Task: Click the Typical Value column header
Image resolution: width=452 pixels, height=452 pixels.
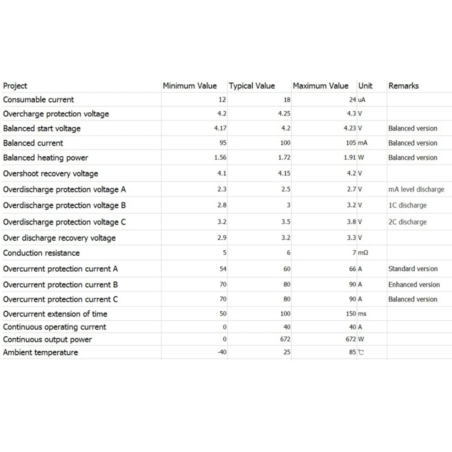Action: click(252, 86)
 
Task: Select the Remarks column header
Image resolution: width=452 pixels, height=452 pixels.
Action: click(403, 86)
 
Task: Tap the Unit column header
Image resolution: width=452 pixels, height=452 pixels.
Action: click(365, 86)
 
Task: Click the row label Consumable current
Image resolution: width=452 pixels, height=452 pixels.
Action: click(38, 100)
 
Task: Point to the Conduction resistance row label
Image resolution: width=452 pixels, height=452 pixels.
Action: click(41, 253)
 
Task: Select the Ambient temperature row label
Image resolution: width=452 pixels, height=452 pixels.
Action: click(41, 353)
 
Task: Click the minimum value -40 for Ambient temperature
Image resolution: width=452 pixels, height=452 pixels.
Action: click(222, 352)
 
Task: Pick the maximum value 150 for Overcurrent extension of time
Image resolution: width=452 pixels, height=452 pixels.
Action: click(351, 314)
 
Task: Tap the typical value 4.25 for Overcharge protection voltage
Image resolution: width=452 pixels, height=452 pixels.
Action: click(284, 114)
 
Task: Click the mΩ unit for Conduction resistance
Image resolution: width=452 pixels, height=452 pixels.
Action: click(363, 253)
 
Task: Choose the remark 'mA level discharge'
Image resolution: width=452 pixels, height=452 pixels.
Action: click(416, 189)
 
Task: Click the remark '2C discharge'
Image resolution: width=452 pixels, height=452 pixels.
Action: click(408, 222)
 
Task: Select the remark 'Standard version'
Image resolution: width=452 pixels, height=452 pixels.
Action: click(413, 269)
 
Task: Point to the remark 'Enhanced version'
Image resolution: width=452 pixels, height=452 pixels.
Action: click(414, 285)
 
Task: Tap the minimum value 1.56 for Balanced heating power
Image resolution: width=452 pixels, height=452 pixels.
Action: click(220, 157)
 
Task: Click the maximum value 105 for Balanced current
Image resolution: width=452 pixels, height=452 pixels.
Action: click(351, 143)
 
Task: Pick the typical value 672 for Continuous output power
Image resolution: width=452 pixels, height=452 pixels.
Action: click(285, 339)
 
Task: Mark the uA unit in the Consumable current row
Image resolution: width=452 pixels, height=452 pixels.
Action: click(362, 100)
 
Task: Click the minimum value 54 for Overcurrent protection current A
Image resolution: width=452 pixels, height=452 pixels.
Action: click(223, 269)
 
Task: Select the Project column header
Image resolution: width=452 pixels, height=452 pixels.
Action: click(15, 86)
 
